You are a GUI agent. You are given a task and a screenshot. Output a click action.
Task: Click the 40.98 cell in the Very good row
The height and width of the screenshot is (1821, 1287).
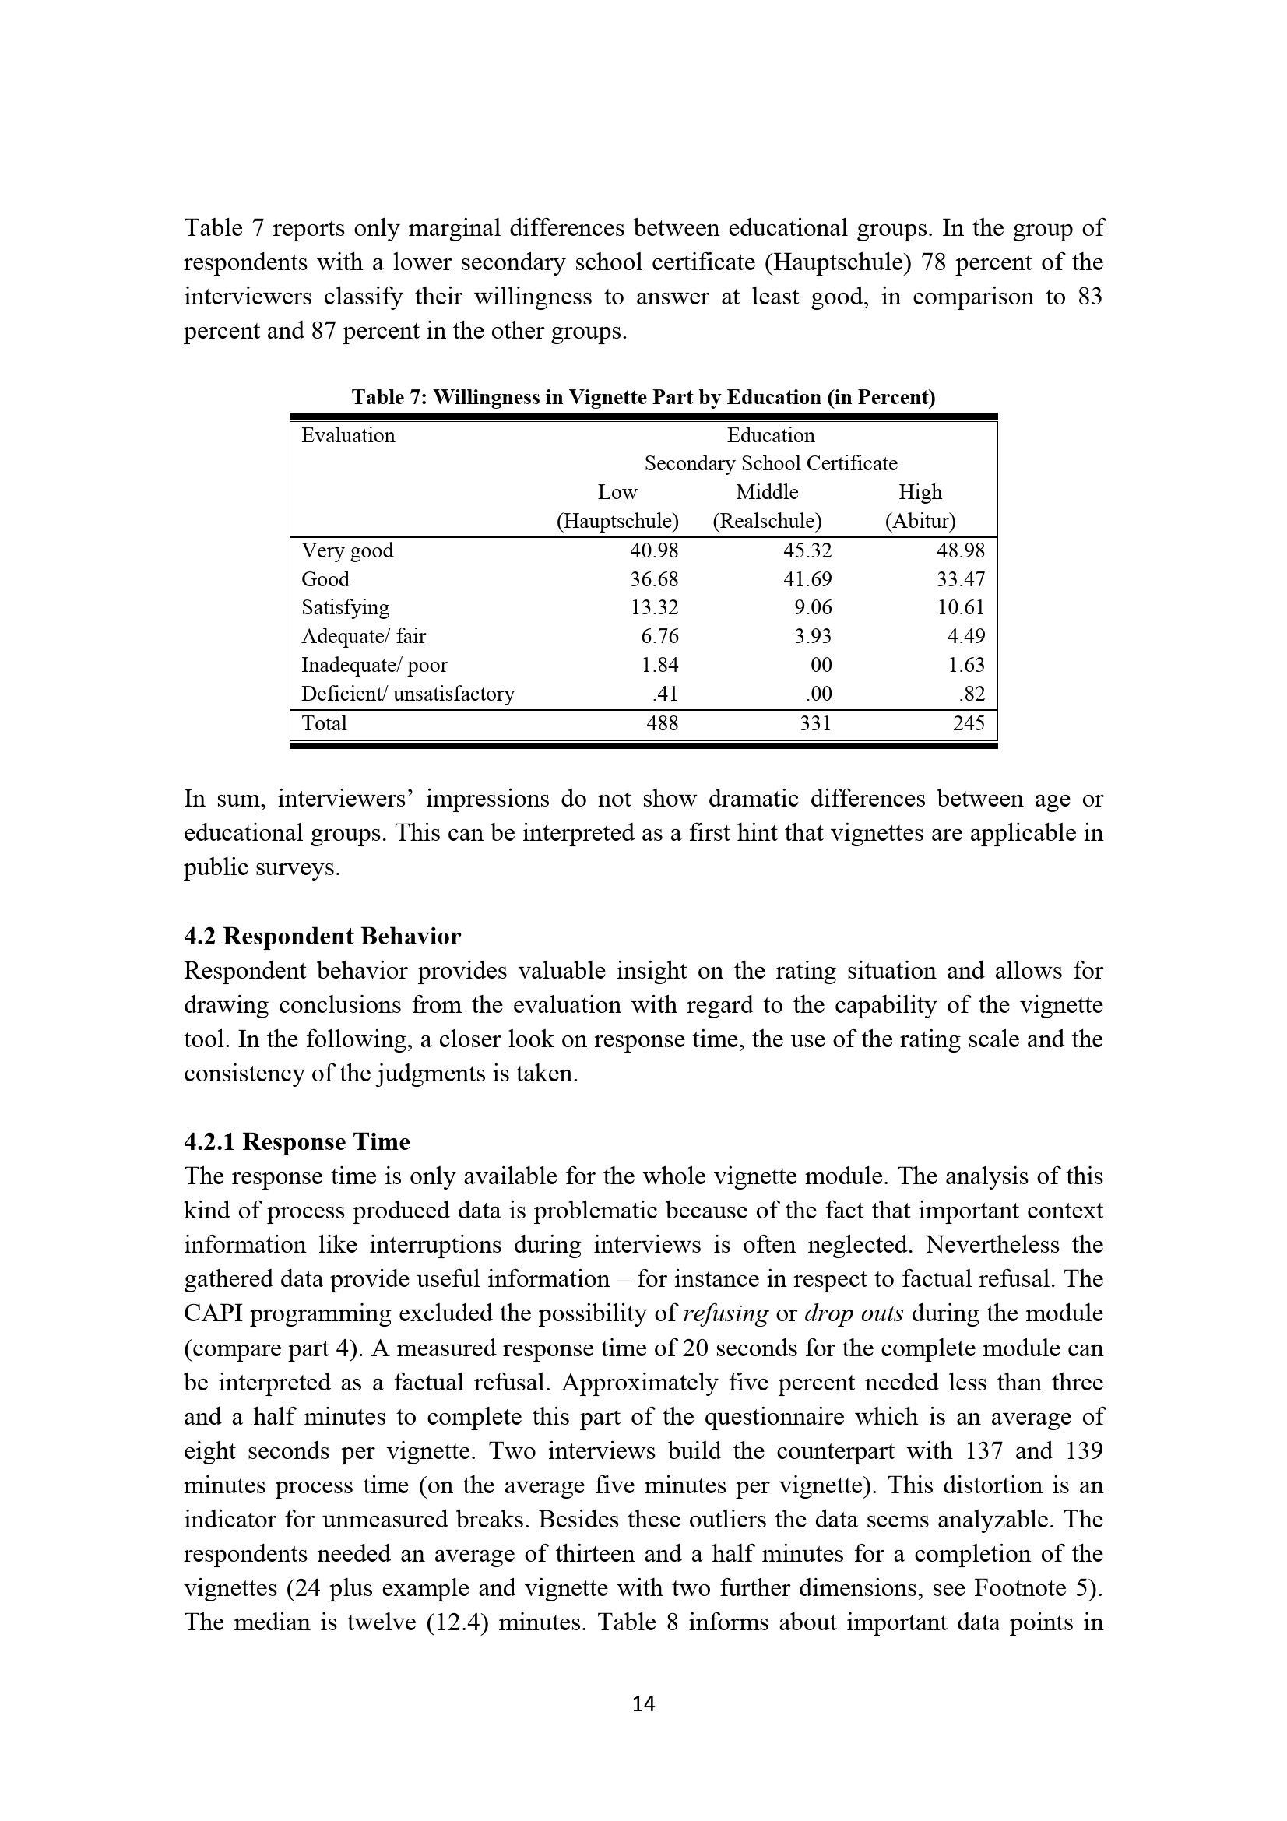(654, 550)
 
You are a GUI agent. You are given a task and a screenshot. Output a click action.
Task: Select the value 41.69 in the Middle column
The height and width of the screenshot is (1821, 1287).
(807, 579)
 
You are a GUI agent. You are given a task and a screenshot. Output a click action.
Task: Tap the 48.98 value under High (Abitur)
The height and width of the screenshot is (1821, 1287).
(960, 550)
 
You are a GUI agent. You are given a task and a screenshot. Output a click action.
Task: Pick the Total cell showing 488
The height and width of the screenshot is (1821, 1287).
(662, 722)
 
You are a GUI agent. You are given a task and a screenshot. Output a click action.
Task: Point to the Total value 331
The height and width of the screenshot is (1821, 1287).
(815, 722)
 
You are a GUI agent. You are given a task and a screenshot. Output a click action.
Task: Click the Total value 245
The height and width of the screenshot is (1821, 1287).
(969, 722)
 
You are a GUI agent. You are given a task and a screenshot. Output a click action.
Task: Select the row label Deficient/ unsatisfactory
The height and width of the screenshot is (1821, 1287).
(408, 694)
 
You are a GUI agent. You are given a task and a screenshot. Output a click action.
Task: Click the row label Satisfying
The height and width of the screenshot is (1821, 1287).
(345, 607)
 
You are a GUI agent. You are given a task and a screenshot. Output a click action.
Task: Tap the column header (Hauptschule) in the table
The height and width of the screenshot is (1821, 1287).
(617, 521)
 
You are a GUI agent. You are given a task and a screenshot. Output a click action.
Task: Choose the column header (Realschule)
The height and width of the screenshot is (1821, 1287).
(767, 521)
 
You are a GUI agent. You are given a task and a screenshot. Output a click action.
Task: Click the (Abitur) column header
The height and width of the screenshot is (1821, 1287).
(920, 521)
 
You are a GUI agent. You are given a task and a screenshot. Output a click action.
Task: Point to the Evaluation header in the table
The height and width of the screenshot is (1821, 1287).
(347, 435)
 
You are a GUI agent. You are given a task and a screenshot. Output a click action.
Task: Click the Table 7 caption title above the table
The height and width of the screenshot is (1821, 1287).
(643, 397)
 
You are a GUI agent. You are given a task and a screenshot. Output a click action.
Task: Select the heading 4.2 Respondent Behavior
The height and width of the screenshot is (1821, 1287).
(322, 936)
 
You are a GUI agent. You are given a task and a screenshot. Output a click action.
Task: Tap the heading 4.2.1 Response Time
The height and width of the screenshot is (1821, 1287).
(297, 1141)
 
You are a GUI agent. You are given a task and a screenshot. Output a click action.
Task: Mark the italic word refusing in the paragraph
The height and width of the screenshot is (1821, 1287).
(725, 1313)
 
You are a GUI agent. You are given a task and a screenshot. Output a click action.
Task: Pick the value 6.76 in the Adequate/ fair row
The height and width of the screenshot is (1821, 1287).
(659, 636)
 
